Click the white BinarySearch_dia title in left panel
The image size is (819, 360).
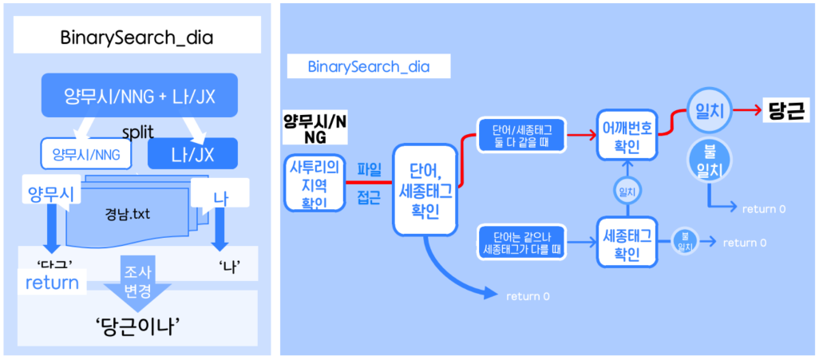(x=137, y=37)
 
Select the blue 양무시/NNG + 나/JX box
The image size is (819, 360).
(x=139, y=97)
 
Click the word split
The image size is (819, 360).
(x=138, y=129)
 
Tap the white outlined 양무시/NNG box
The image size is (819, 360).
(x=86, y=155)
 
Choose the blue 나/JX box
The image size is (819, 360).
(x=192, y=154)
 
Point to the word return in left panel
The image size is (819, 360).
(x=52, y=282)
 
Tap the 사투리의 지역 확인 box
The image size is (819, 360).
(x=314, y=183)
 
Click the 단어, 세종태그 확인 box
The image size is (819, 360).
(x=424, y=188)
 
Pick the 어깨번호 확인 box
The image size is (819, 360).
(x=627, y=135)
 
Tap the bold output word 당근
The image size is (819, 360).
(x=785, y=111)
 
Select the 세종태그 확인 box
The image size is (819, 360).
(x=627, y=243)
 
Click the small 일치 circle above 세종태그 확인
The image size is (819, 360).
(x=627, y=192)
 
